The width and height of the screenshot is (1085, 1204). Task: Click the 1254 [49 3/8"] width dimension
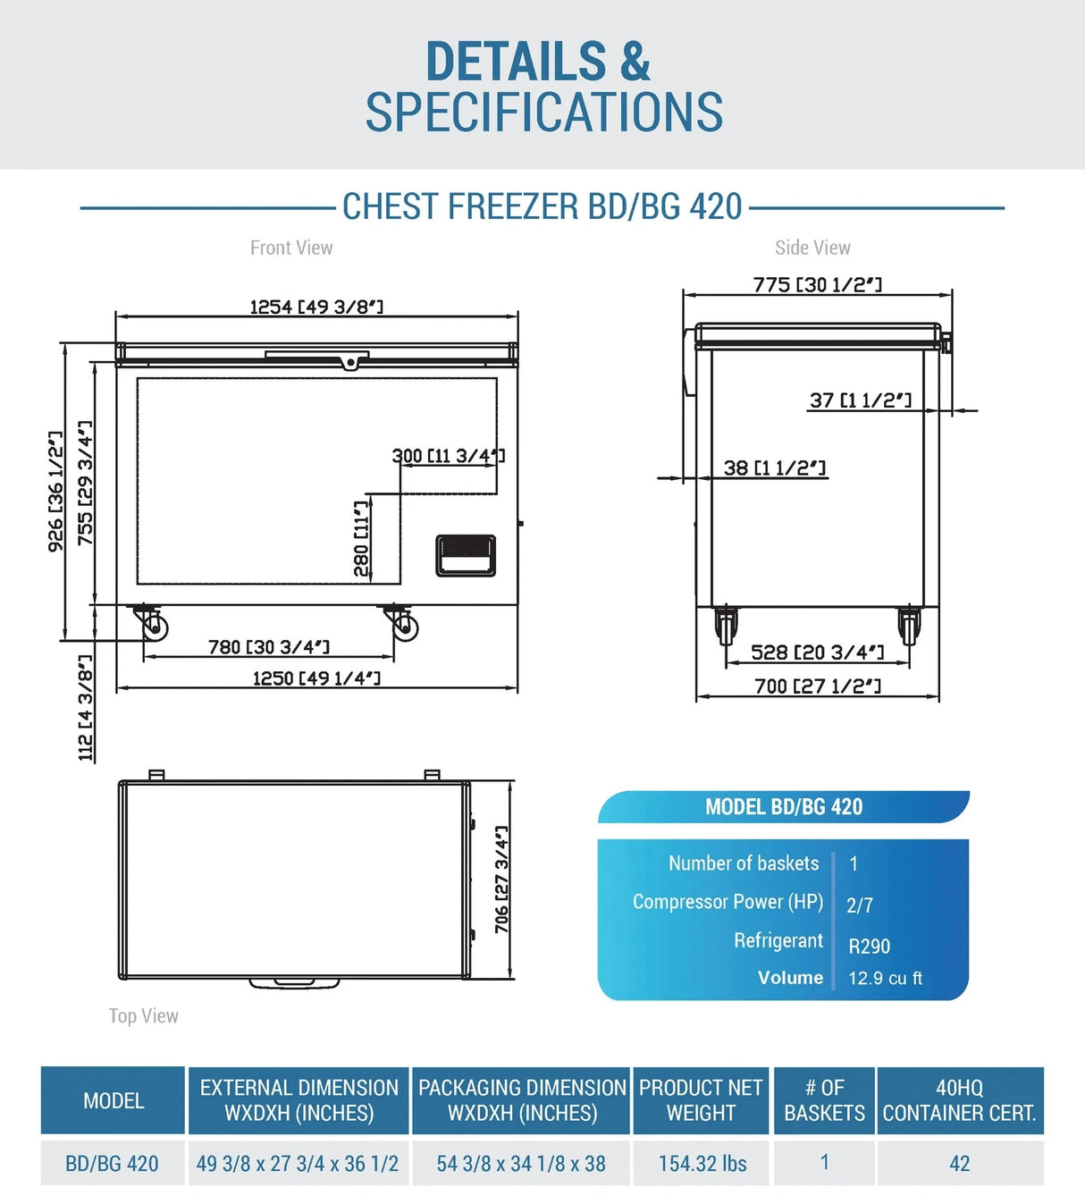(x=316, y=307)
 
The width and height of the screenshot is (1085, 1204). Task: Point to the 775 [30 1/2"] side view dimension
(x=818, y=284)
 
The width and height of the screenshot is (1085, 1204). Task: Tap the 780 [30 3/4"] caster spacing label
(x=269, y=647)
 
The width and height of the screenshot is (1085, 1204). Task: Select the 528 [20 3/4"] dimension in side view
(x=818, y=653)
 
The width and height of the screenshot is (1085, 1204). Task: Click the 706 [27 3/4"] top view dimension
(x=501, y=880)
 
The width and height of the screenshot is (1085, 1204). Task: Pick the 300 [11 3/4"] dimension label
(x=449, y=456)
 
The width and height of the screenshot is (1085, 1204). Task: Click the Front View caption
(x=291, y=248)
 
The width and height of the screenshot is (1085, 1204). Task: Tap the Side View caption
(x=812, y=248)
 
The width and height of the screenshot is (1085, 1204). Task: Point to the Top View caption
(x=143, y=1015)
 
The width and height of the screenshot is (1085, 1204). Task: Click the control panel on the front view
(x=466, y=556)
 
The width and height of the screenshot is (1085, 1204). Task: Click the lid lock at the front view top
(x=349, y=363)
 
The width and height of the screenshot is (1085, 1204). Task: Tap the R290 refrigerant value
(x=869, y=947)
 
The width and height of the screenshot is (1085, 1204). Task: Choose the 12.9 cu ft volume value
(x=885, y=979)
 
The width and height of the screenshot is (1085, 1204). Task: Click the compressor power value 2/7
(x=860, y=905)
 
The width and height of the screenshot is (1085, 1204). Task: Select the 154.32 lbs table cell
(x=702, y=1164)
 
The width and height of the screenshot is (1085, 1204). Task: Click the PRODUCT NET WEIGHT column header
(x=701, y=1100)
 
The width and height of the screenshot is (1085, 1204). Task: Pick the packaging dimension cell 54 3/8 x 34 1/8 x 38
(x=521, y=1164)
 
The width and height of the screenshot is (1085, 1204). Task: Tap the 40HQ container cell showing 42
(x=960, y=1164)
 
